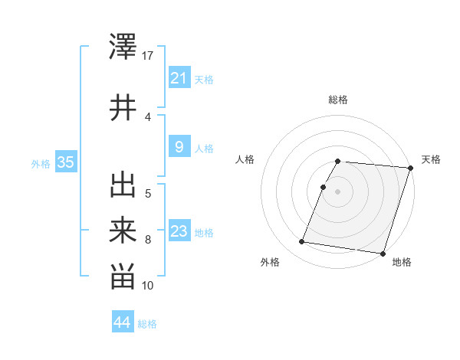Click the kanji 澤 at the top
(x=123, y=46)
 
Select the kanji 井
(x=123, y=107)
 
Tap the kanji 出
(x=123, y=185)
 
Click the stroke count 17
(x=149, y=56)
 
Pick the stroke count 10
(x=149, y=286)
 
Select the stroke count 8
(x=149, y=240)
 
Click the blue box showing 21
(x=179, y=77)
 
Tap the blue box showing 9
(x=179, y=147)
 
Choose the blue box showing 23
(x=179, y=231)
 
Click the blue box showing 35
(x=65, y=162)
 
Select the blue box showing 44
(x=122, y=322)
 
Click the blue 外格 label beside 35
(x=41, y=162)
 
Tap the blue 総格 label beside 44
(x=147, y=324)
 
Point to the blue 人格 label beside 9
(x=204, y=149)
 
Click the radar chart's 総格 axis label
(x=338, y=100)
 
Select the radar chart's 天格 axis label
(x=431, y=159)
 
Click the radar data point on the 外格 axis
(x=302, y=242)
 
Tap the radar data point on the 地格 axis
(x=383, y=254)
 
